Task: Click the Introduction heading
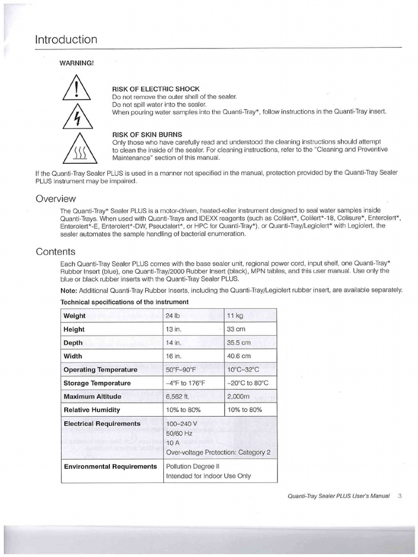(x=66, y=40)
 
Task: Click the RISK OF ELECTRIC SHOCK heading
(x=156, y=89)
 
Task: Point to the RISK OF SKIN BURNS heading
(x=147, y=134)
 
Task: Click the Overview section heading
(x=56, y=199)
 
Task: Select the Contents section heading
(x=56, y=251)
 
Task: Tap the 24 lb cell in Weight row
(x=173, y=316)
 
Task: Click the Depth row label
(x=73, y=343)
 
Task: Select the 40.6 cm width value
(x=238, y=356)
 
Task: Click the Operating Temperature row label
(x=101, y=370)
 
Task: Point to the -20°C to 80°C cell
(x=248, y=383)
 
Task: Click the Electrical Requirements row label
(x=102, y=424)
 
